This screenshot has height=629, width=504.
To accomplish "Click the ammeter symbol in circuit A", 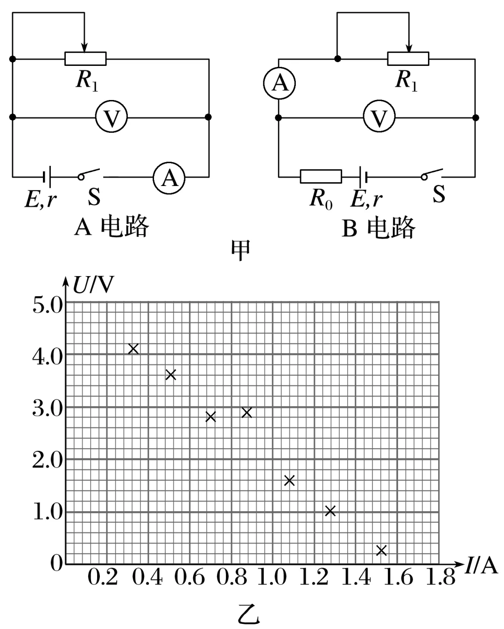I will tap(169, 177).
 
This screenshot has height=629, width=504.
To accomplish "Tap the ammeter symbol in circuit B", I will tap(279, 83).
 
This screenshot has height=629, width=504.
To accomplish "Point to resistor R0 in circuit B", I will tap(321, 177).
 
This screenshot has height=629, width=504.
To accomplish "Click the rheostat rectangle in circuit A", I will tap(85, 58).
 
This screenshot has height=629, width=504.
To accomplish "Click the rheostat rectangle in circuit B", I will tap(408, 58).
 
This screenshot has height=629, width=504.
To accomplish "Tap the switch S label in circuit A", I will tap(94, 197).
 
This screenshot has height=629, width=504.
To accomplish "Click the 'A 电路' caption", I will tap(112, 228).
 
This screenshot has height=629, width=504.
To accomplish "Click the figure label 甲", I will tap(241, 250).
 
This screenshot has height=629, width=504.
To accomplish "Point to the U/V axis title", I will tap(93, 285).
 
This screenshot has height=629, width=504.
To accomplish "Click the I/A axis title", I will tap(481, 566).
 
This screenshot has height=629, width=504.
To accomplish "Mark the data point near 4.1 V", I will tap(133, 349).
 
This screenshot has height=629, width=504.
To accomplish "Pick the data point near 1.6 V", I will tap(289, 480).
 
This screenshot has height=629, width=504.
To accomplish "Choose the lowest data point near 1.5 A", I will tap(381, 550).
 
